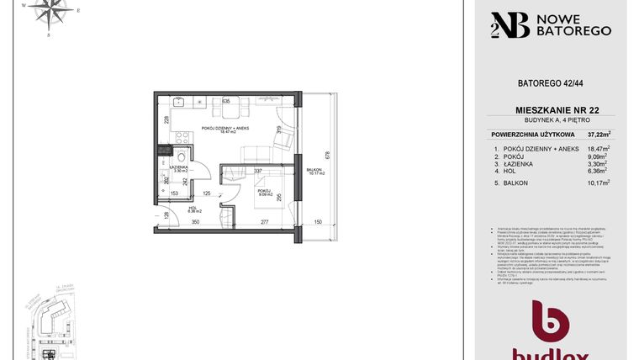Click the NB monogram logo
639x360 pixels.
[x=510, y=25]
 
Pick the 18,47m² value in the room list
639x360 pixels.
[x=598, y=149]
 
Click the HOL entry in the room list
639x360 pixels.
[x=511, y=172]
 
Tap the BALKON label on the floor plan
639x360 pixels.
[x=314, y=171]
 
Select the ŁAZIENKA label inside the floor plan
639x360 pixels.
[x=177, y=167]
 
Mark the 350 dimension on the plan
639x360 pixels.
[x=195, y=223]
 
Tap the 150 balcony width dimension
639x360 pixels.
[x=318, y=223]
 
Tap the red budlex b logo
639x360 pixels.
[x=552, y=325]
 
